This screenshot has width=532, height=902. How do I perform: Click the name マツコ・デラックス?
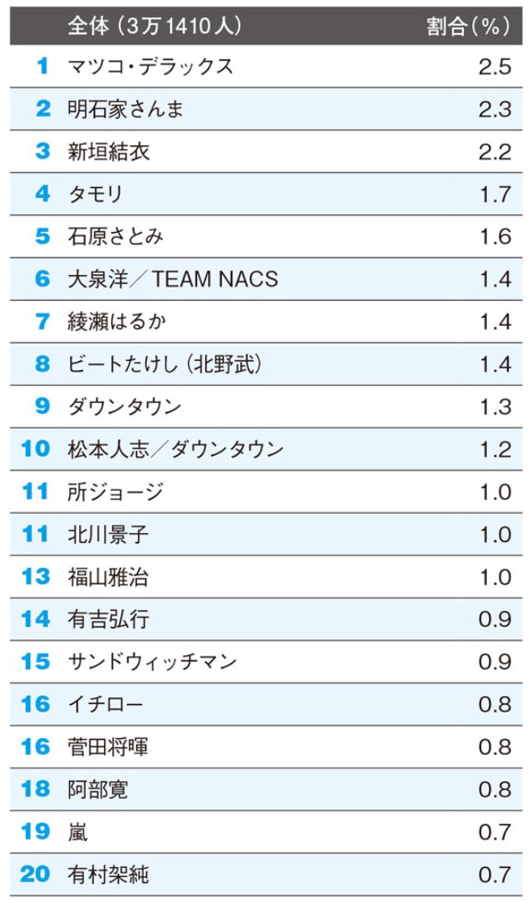[x=150, y=67]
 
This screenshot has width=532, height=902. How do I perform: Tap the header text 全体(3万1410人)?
[x=155, y=26]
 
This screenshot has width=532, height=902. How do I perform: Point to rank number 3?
[x=42, y=151]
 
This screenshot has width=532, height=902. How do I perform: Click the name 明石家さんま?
[x=126, y=109]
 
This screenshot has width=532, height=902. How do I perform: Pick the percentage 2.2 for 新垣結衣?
[x=495, y=151]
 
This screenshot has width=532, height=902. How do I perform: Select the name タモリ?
[x=96, y=194]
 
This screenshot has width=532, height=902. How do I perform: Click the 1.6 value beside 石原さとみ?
[x=495, y=236]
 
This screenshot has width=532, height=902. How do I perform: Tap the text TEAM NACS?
[x=215, y=279]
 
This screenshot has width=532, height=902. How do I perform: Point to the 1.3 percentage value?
[x=495, y=407]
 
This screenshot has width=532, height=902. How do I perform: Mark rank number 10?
[x=36, y=449]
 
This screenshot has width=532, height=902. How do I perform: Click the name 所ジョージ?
[x=116, y=491]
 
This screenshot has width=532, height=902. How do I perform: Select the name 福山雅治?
[x=108, y=576]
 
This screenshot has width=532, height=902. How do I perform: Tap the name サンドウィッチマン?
[x=152, y=662]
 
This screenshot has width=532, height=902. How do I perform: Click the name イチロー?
[x=106, y=704]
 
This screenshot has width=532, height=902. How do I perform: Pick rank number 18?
[x=36, y=789]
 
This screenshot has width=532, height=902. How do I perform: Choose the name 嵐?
[x=77, y=831]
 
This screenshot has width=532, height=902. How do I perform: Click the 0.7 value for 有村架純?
[x=495, y=874]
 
